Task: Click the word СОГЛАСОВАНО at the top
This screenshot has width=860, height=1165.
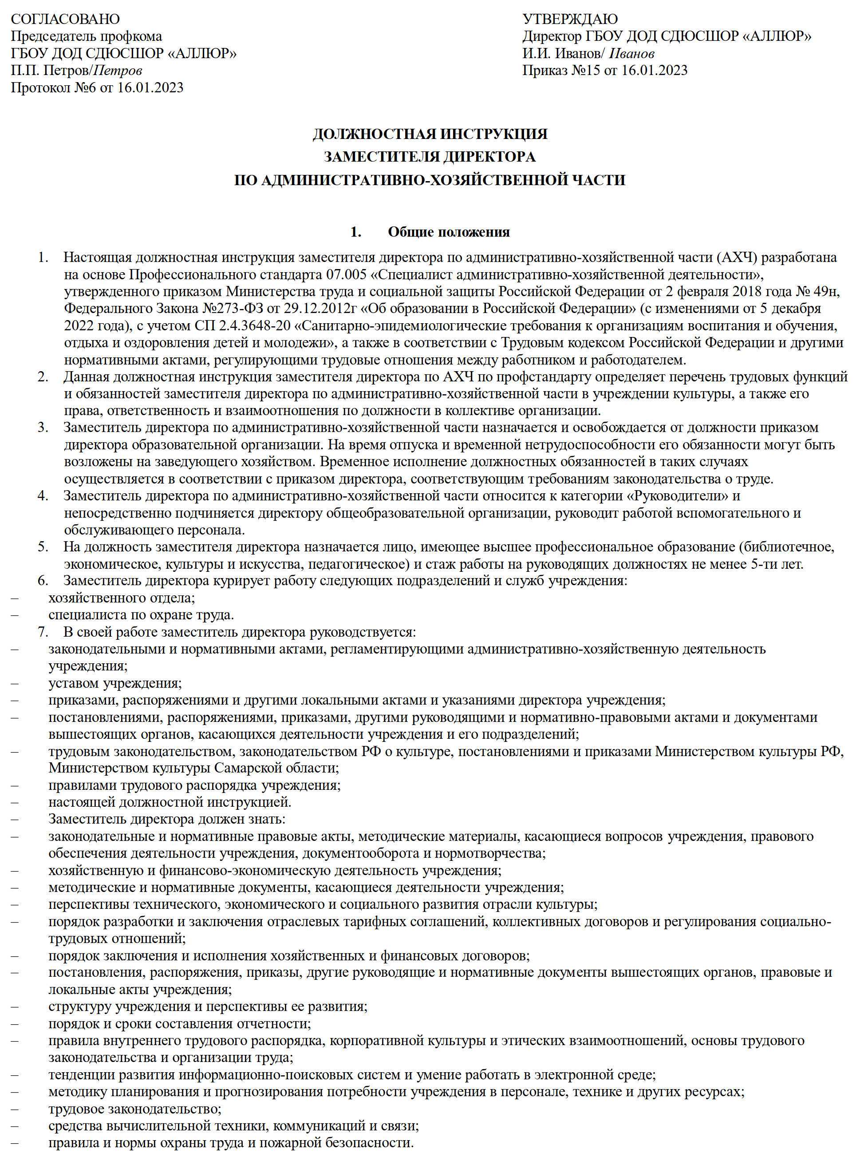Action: (x=65, y=19)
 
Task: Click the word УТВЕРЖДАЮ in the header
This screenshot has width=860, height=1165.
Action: (x=570, y=19)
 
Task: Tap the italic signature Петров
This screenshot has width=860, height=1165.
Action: (x=119, y=70)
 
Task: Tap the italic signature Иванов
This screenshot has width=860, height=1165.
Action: (x=632, y=54)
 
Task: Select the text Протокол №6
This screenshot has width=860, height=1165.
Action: (x=54, y=87)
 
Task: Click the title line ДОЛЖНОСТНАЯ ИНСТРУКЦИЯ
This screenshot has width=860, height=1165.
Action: (x=430, y=135)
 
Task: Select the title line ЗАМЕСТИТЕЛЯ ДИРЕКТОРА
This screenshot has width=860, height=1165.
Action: (x=430, y=157)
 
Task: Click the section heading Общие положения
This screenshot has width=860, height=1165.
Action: (x=449, y=232)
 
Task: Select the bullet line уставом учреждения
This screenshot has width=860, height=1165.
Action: (x=114, y=683)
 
